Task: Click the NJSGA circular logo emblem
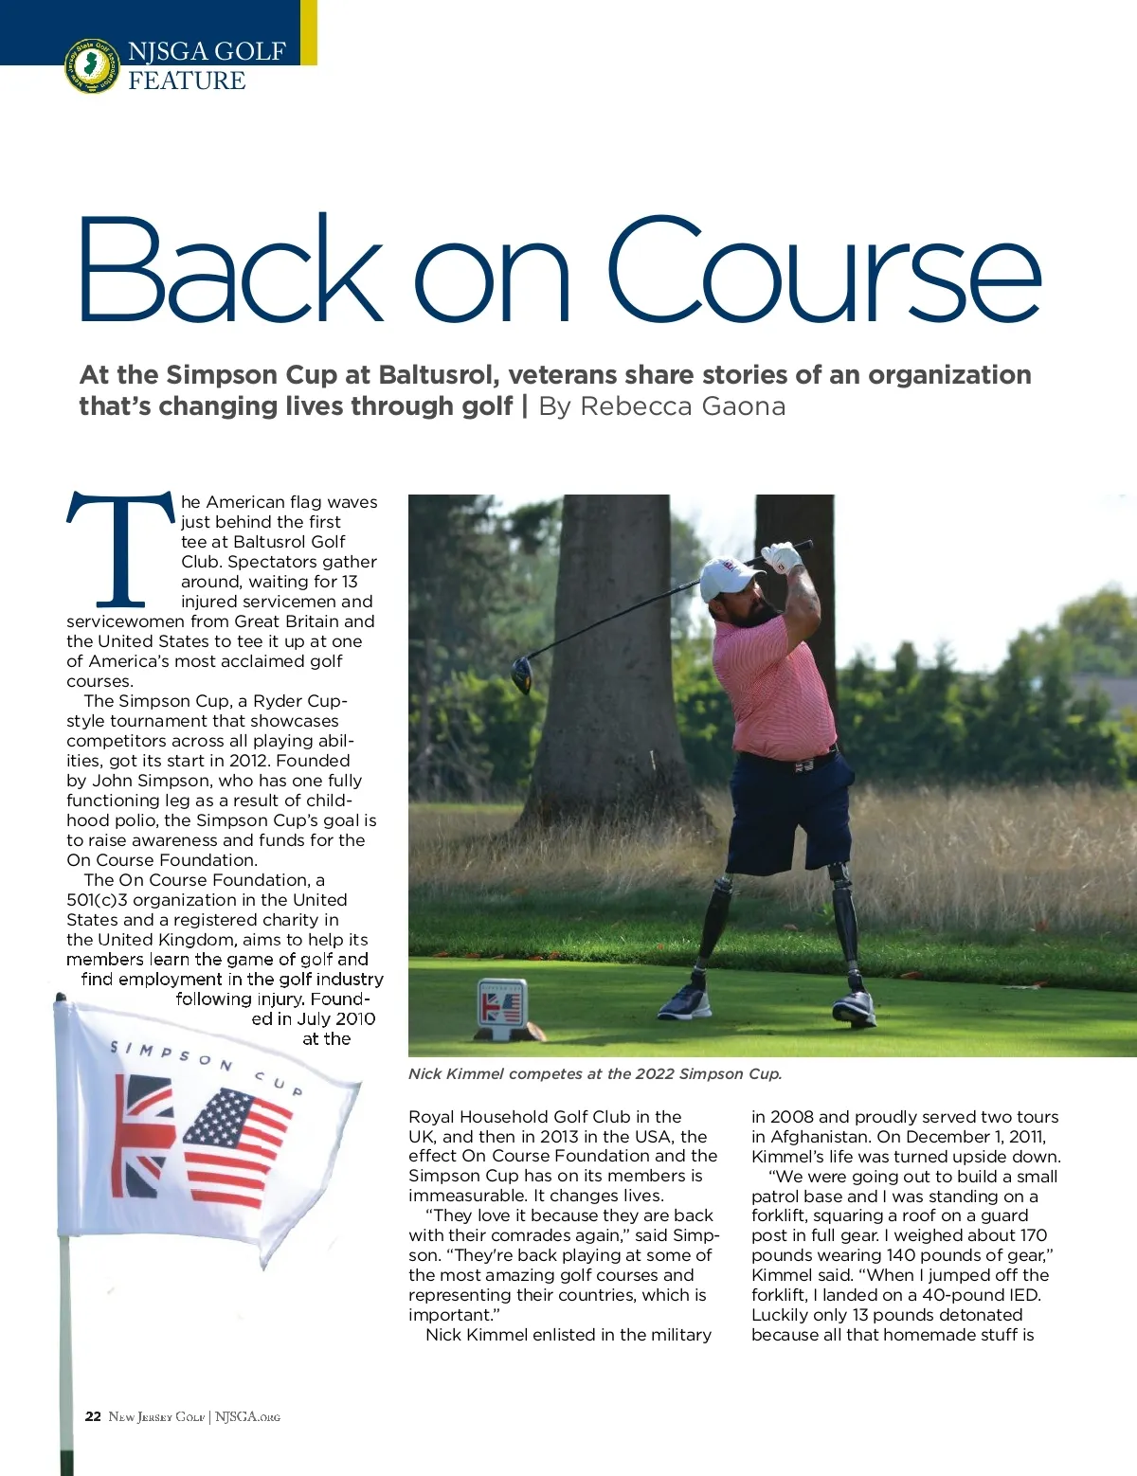tap(92, 65)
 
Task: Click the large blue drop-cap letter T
tap(119, 549)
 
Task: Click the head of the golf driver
tap(522, 674)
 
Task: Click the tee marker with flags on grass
tap(501, 1008)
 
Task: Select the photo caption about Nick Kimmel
tap(594, 1073)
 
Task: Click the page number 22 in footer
tap(93, 1416)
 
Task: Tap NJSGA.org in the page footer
tap(247, 1416)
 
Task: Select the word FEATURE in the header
tap(187, 81)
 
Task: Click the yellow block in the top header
tap(309, 32)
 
